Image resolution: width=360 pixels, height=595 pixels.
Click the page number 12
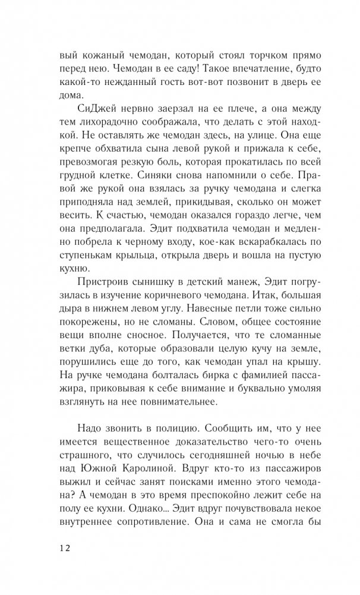tap(65, 547)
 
